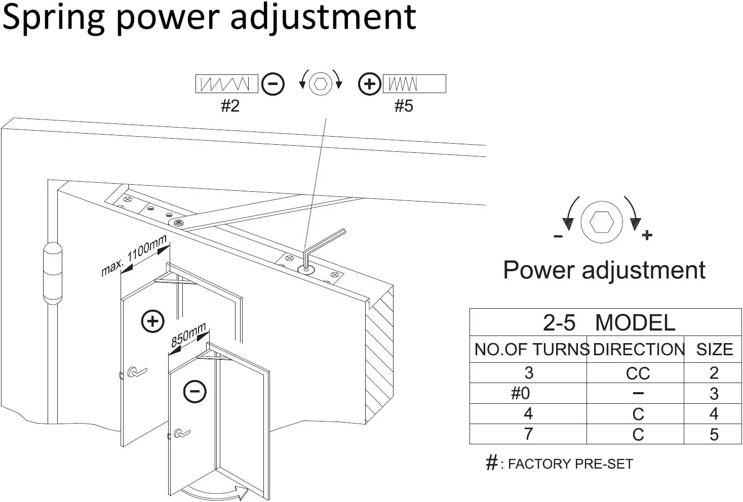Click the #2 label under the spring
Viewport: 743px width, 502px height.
coord(230,106)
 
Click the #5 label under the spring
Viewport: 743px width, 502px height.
coord(404,106)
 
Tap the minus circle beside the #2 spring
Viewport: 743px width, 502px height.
coord(273,84)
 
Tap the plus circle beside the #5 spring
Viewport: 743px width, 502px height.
coord(369,84)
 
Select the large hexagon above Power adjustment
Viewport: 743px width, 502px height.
coord(602,222)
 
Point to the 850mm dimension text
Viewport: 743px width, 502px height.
coord(188,334)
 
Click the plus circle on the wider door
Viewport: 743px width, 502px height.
coord(152,321)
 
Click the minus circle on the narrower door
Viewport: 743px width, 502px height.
coord(194,391)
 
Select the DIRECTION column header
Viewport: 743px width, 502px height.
coord(638,349)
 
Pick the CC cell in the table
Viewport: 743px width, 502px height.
coord(638,373)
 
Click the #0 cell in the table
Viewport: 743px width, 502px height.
coord(520,393)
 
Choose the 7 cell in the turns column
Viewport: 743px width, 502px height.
coord(529,434)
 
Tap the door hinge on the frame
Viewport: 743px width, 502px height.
coord(52,273)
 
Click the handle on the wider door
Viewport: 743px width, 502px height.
coord(136,373)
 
